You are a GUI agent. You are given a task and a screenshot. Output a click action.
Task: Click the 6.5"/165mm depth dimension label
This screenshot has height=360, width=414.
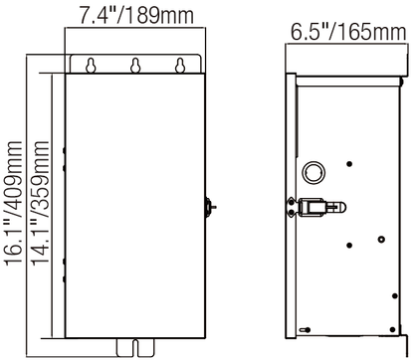(x=348, y=31)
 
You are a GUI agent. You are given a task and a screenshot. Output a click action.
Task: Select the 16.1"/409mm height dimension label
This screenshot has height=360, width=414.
(x=14, y=203)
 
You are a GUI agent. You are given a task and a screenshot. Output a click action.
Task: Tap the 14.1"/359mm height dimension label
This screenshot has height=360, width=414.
(x=40, y=203)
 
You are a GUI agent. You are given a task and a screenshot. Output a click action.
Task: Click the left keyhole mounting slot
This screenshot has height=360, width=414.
(x=91, y=66)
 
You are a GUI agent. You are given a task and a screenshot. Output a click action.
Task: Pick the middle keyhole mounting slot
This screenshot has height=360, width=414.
(x=135, y=66)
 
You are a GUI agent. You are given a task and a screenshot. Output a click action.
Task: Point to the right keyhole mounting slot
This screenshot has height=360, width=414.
(x=180, y=66)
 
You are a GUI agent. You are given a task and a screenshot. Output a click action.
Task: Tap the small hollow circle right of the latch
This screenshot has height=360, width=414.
(x=381, y=239)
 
